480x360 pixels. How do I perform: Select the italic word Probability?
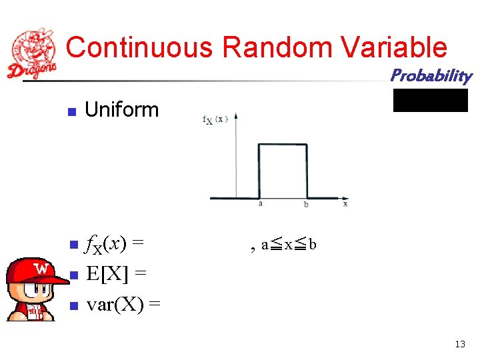pyautogui.click(x=431, y=75)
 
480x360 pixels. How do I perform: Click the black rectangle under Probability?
pyautogui.click(x=431, y=100)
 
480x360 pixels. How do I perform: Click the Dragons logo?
pyautogui.click(x=31, y=53)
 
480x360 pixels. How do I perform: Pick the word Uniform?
pyautogui.click(x=122, y=110)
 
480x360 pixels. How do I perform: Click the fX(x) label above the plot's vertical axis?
pyautogui.click(x=215, y=119)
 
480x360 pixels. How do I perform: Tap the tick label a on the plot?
pyautogui.click(x=260, y=204)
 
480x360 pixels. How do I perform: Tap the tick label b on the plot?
pyautogui.click(x=306, y=204)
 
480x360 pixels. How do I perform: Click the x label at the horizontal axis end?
pyautogui.click(x=345, y=204)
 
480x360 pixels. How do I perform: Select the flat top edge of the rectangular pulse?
pyautogui.click(x=283, y=145)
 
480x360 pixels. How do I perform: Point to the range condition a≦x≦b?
pyautogui.click(x=288, y=245)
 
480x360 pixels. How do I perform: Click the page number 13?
pyautogui.click(x=459, y=345)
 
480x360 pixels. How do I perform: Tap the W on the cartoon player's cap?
pyautogui.click(x=42, y=269)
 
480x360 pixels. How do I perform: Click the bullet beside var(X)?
pyautogui.click(x=74, y=306)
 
